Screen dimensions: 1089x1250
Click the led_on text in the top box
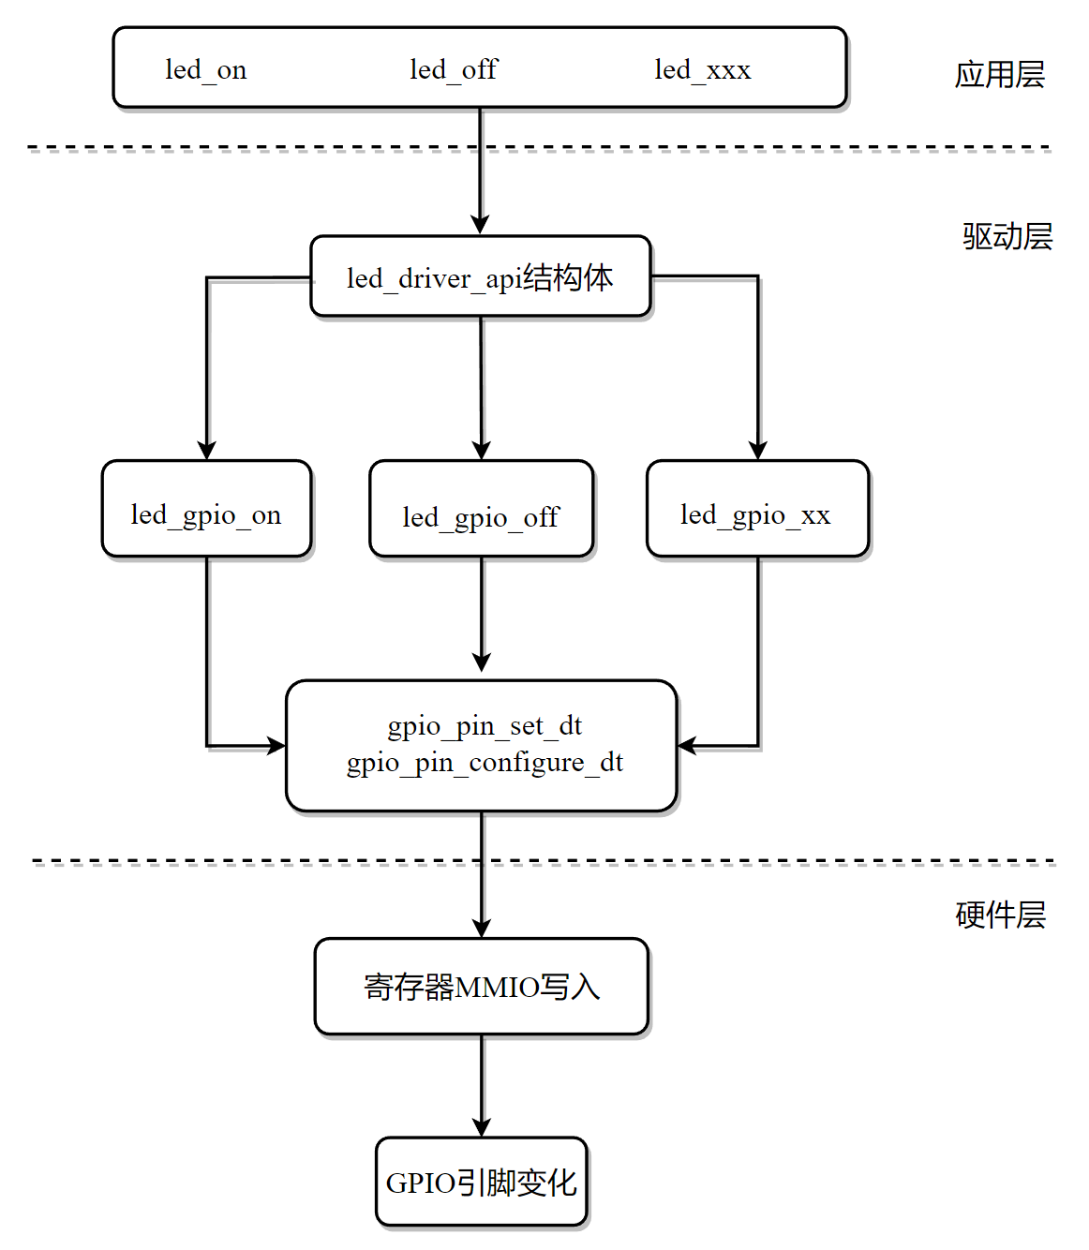(206, 70)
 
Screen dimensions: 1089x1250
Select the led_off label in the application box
(454, 69)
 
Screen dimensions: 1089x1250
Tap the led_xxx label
(703, 70)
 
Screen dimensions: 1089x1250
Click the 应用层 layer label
(1000, 75)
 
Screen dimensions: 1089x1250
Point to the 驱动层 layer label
(1007, 236)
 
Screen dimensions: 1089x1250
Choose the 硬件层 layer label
(1001, 915)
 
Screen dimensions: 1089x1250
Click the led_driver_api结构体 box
(481, 276)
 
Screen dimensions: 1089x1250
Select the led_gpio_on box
(206, 508)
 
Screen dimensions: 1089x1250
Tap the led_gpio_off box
(482, 508)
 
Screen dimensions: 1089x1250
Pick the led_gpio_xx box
(758, 508)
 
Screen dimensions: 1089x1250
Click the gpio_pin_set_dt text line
(485, 726)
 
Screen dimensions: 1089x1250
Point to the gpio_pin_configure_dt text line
(485, 763)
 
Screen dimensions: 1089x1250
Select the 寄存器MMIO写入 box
(482, 987)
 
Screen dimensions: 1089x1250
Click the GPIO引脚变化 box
(482, 1182)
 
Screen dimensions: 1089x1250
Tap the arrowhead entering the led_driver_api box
(481, 225)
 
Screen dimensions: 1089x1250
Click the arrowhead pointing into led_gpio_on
(207, 451)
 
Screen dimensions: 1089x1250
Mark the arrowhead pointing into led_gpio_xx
(758, 451)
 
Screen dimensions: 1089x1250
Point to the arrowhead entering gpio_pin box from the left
(276, 746)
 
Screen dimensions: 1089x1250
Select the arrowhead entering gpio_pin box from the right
(688, 746)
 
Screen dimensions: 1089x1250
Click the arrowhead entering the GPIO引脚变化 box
(482, 1127)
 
